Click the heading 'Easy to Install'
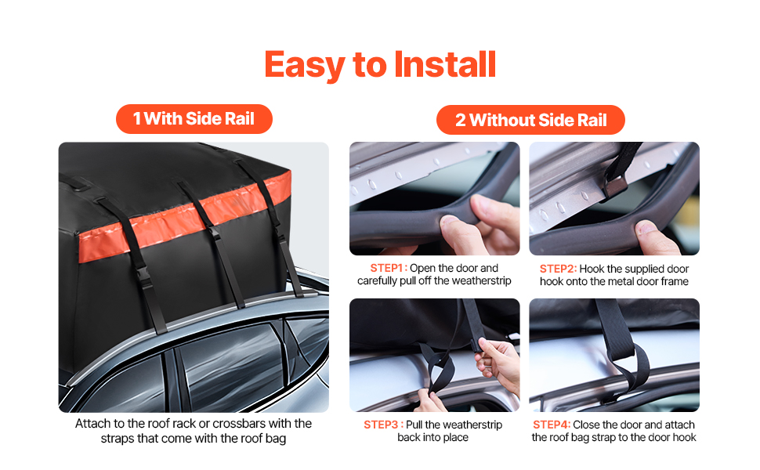click(x=380, y=65)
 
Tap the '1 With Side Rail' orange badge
click(x=194, y=119)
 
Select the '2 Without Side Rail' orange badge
click(x=530, y=120)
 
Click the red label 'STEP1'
click(x=387, y=268)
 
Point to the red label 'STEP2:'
click(x=559, y=269)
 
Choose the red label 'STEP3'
click(x=381, y=425)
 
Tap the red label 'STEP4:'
click(x=552, y=425)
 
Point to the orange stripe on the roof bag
click(x=185, y=217)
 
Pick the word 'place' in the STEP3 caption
click(x=456, y=438)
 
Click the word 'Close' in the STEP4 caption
click(x=587, y=425)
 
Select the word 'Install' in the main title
click(x=445, y=65)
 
